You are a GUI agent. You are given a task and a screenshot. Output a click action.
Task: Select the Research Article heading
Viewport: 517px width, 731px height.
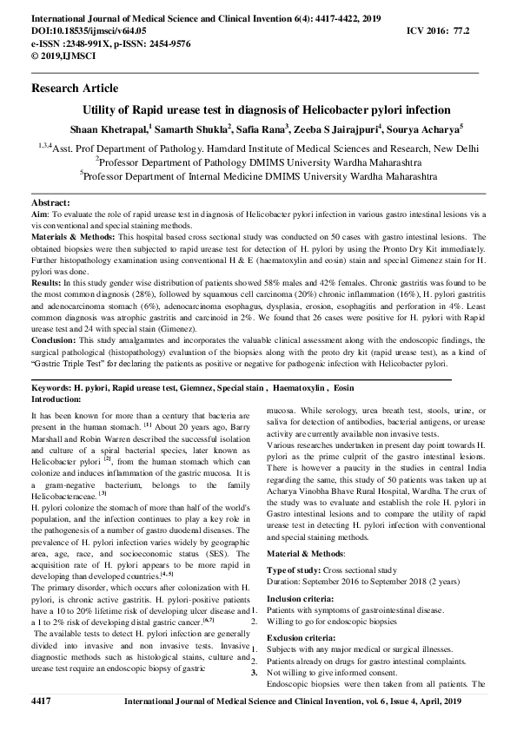click(75, 89)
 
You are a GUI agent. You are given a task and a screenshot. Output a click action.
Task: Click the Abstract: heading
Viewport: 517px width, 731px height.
click(51, 201)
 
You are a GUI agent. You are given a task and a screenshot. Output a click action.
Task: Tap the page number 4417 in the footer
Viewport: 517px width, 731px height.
click(43, 700)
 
